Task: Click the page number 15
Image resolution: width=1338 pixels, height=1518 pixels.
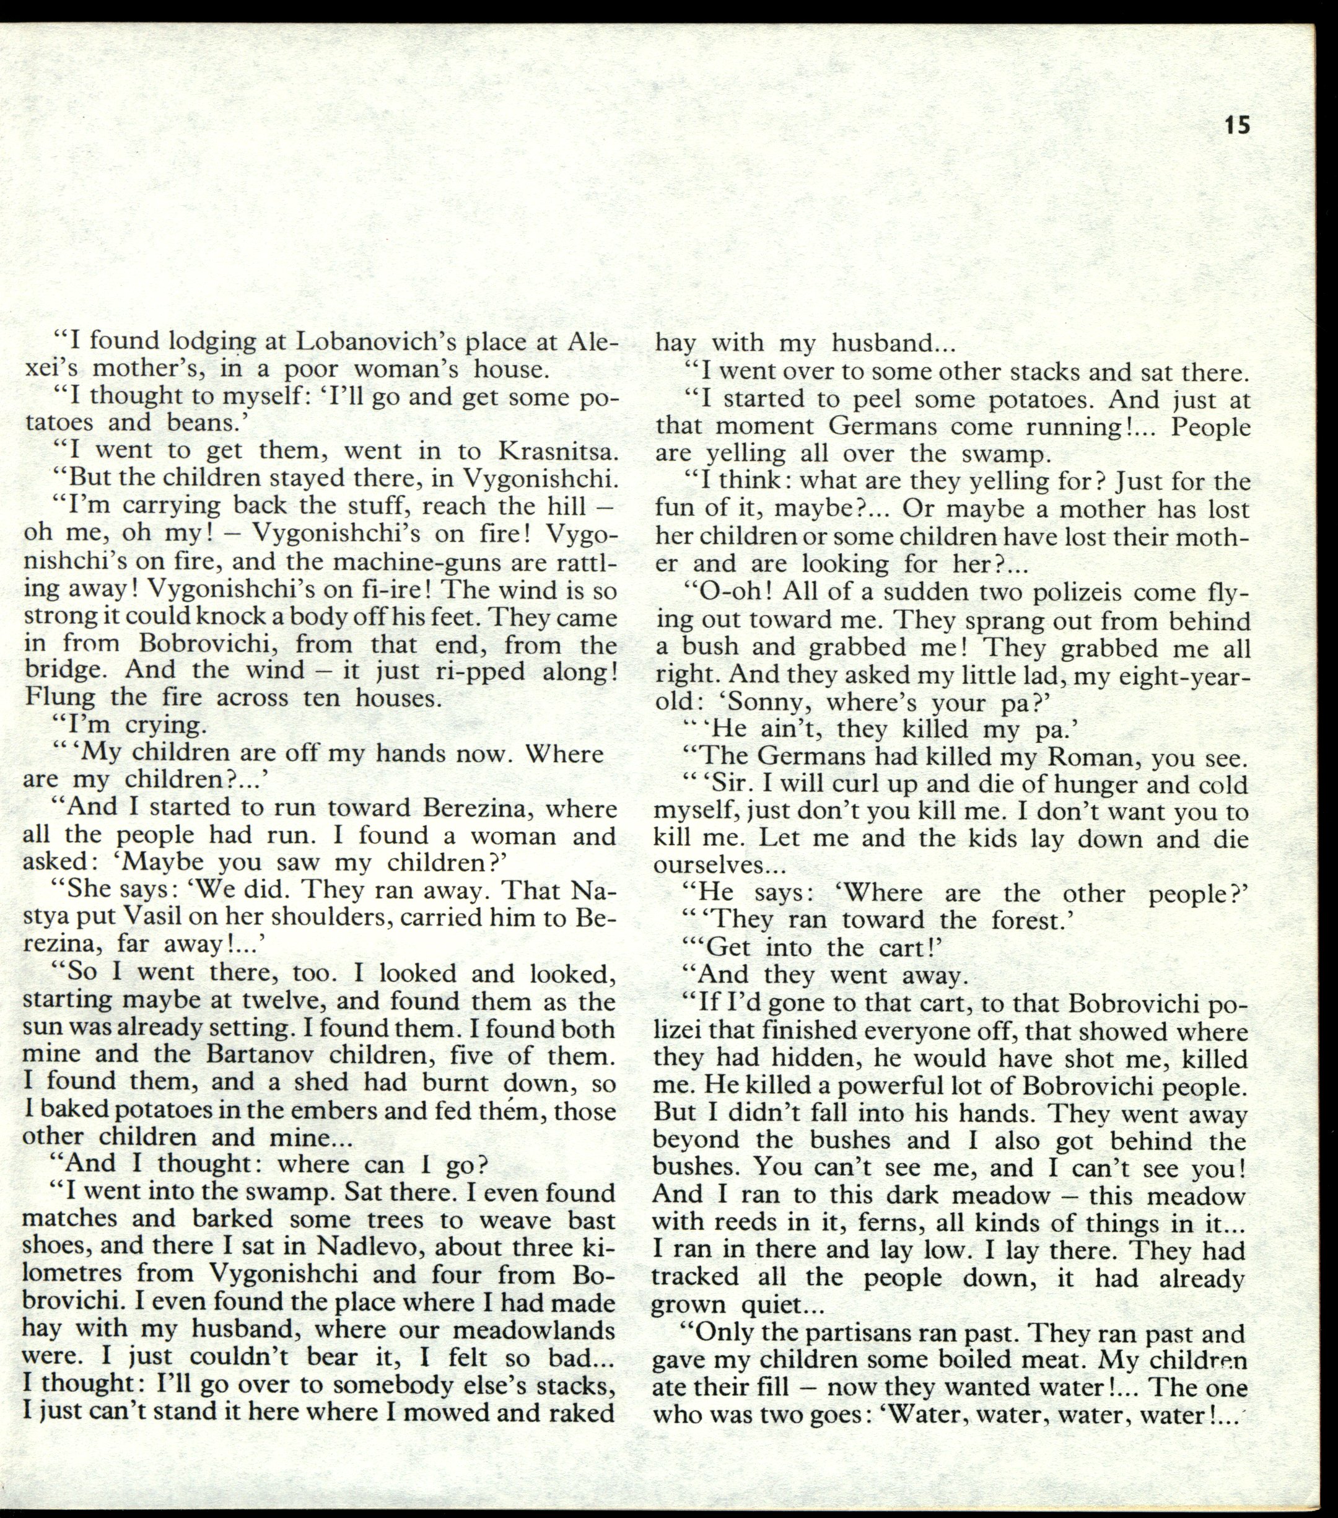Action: pyautogui.click(x=1237, y=124)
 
